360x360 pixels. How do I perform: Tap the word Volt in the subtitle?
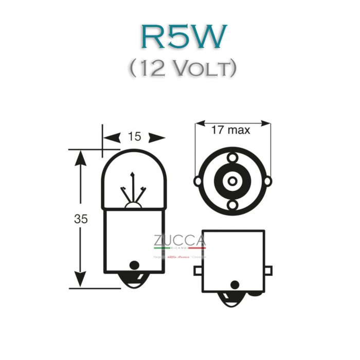[x=204, y=68]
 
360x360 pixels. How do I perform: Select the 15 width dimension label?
[x=134, y=137]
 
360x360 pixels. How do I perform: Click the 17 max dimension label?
[x=230, y=130]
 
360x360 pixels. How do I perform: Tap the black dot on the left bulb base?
[x=134, y=265]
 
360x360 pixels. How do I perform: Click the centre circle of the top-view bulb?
[x=232, y=181]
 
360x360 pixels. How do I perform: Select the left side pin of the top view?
[x=197, y=181]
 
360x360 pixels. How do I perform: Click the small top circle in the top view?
[x=232, y=156]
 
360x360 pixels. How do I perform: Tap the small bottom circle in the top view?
[x=232, y=206]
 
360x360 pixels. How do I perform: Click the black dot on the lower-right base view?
[x=235, y=284]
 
